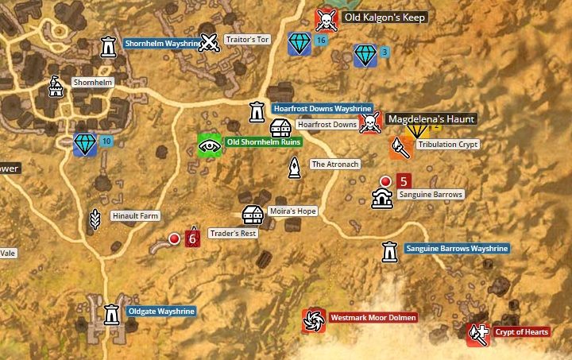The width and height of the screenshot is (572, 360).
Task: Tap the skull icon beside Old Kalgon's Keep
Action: tap(326, 18)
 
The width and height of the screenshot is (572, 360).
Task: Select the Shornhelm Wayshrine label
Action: tap(163, 44)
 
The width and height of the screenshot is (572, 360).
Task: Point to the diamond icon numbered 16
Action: tap(299, 44)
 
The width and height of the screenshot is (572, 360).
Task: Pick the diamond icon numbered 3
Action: tap(365, 55)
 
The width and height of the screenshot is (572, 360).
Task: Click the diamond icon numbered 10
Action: tap(85, 145)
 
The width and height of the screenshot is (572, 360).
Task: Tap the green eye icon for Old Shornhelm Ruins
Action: tap(209, 145)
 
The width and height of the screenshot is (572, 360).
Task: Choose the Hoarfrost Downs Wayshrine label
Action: tap(322, 108)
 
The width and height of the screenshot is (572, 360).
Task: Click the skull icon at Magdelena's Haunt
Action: tap(369, 123)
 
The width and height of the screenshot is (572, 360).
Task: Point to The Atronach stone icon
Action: tap(295, 168)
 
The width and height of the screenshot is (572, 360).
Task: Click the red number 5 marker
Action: tap(402, 181)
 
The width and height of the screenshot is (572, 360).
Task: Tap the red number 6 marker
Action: tap(191, 238)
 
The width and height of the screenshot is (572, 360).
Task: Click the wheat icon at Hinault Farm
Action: tap(95, 219)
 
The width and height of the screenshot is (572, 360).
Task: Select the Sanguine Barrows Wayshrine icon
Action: tap(389, 251)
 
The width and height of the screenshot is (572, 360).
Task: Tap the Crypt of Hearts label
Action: tap(521, 332)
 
